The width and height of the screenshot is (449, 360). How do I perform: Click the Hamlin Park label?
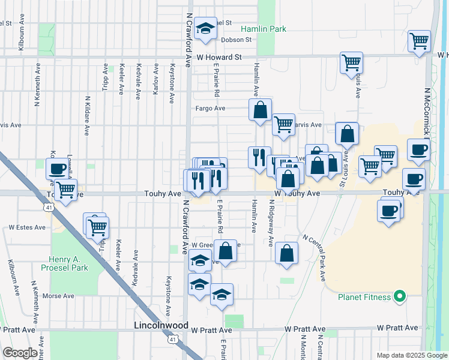(x=264, y=29)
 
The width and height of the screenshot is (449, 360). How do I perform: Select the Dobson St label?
(x=236, y=40)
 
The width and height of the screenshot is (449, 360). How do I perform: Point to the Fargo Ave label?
(x=209, y=109)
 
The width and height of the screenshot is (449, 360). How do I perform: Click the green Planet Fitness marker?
(x=399, y=296)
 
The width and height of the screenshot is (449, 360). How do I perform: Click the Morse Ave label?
(x=58, y=296)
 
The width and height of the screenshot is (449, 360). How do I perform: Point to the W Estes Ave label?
(x=27, y=228)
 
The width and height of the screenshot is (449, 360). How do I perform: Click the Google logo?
(x=20, y=352)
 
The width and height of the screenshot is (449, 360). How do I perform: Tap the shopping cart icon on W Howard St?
(x=351, y=62)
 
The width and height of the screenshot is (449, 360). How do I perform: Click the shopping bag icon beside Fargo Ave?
(x=260, y=110)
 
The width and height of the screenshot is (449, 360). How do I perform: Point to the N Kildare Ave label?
(x=87, y=115)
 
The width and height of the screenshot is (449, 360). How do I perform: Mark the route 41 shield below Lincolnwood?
(x=172, y=340)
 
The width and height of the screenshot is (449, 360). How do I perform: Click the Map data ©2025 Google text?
(x=411, y=355)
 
